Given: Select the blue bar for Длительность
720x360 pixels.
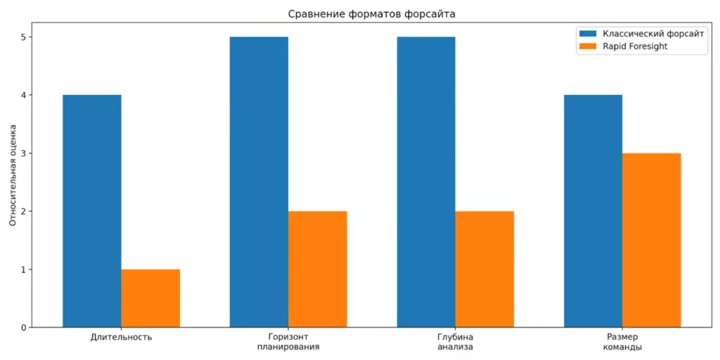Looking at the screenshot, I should (x=92, y=211).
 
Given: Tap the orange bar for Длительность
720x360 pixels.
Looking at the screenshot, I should (x=150, y=298).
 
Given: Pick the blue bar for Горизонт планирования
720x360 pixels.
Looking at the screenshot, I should (x=259, y=182).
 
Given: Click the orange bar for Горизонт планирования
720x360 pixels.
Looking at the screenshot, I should (x=317, y=269).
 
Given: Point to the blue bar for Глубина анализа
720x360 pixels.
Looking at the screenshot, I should (x=425, y=182).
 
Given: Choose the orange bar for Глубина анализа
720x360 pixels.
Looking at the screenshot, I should (x=484, y=269).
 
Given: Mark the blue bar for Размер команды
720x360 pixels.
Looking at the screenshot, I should (x=593, y=211).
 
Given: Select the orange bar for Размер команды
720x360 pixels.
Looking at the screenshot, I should (x=651, y=240).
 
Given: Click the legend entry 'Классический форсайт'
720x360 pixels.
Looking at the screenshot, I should (x=654, y=34).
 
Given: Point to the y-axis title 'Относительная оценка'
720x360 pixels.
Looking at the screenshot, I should (x=13, y=176).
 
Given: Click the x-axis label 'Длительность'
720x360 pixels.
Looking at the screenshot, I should (x=122, y=337).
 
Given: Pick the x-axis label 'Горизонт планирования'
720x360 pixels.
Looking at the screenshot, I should (x=288, y=342).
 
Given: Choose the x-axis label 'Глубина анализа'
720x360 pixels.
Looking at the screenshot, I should (x=455, y=342).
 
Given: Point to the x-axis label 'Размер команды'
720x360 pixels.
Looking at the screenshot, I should (x=622, y=342).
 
